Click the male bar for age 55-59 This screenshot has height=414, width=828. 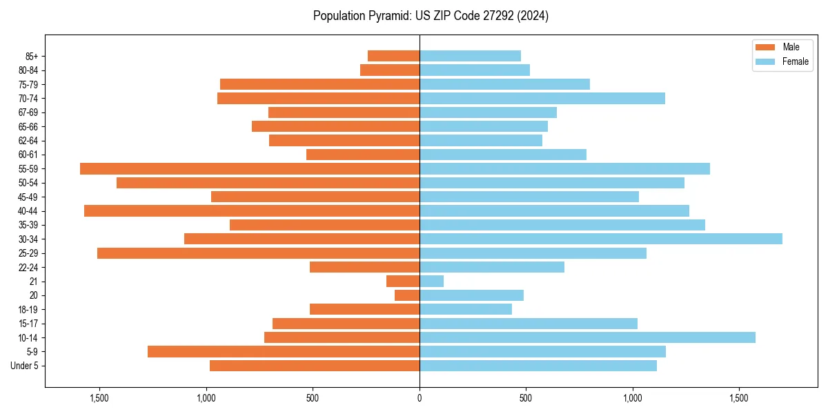point(250,168)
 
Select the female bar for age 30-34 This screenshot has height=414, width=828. point(600,239)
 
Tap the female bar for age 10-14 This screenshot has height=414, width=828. point(587,337)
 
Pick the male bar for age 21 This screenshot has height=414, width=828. point(403,281)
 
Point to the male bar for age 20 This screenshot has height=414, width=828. point(407,295)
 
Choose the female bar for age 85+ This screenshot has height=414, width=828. point(470,56)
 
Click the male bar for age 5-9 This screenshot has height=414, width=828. point(284,351)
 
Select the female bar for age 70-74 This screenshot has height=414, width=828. point(542,98)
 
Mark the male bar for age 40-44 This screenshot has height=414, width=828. point(252,210)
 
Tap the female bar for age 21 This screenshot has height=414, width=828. point(431,281)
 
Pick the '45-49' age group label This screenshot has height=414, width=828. point(28,197)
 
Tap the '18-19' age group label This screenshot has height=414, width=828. point(28,309)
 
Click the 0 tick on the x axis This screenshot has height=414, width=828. point(420,398)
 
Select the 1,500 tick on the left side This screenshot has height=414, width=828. point(99,398)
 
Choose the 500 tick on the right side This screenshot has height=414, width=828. point(526,398)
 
